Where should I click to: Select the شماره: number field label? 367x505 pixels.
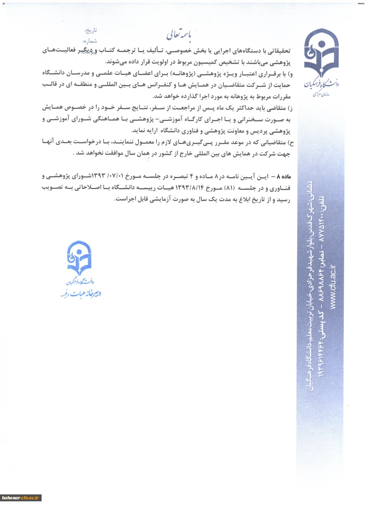(x=90, y=41)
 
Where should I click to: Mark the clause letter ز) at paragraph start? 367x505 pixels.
(x=290, y=108)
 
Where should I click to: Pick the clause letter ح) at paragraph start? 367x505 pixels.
(x=291, y=142)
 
